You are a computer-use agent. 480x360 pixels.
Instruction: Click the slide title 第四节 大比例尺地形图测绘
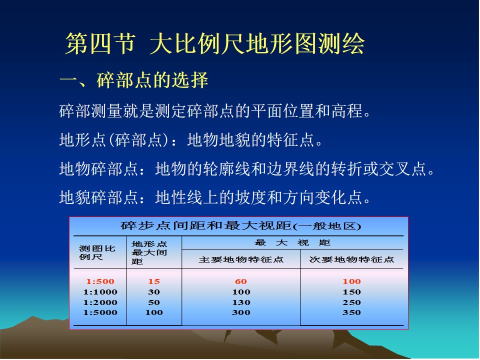tap(215, 44)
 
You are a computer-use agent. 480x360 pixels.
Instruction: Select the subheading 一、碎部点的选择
tap(134, 80)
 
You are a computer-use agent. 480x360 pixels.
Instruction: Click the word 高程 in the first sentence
tap(346, 111)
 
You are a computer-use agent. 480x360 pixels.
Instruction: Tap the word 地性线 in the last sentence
tap(179, 197)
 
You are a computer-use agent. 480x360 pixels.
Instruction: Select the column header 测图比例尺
tap(97, 252)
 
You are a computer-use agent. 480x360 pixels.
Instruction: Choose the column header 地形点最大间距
tap(149, 252)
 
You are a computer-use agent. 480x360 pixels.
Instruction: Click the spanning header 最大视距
tap(292, 243)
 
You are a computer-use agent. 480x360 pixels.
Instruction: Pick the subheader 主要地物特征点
tap(241, 259)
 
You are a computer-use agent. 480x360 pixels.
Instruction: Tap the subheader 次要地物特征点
tap(351, 259)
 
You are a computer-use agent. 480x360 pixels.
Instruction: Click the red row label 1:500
tap(100, 281)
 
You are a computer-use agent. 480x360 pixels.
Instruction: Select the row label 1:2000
tap(100, 302)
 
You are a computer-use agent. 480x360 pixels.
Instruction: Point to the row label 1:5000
tap(100, 312)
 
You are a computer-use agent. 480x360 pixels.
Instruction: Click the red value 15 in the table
tap(154, 281)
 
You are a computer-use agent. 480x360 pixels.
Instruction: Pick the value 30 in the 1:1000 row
tap(154, 292)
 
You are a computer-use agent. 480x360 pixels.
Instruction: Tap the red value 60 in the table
tap(241, 281)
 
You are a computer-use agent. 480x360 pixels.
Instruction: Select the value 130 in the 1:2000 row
tap(241, 302)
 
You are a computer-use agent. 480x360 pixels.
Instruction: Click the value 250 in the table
tap(351, 302)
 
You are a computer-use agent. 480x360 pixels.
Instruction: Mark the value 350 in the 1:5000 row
tap(351, 312)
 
